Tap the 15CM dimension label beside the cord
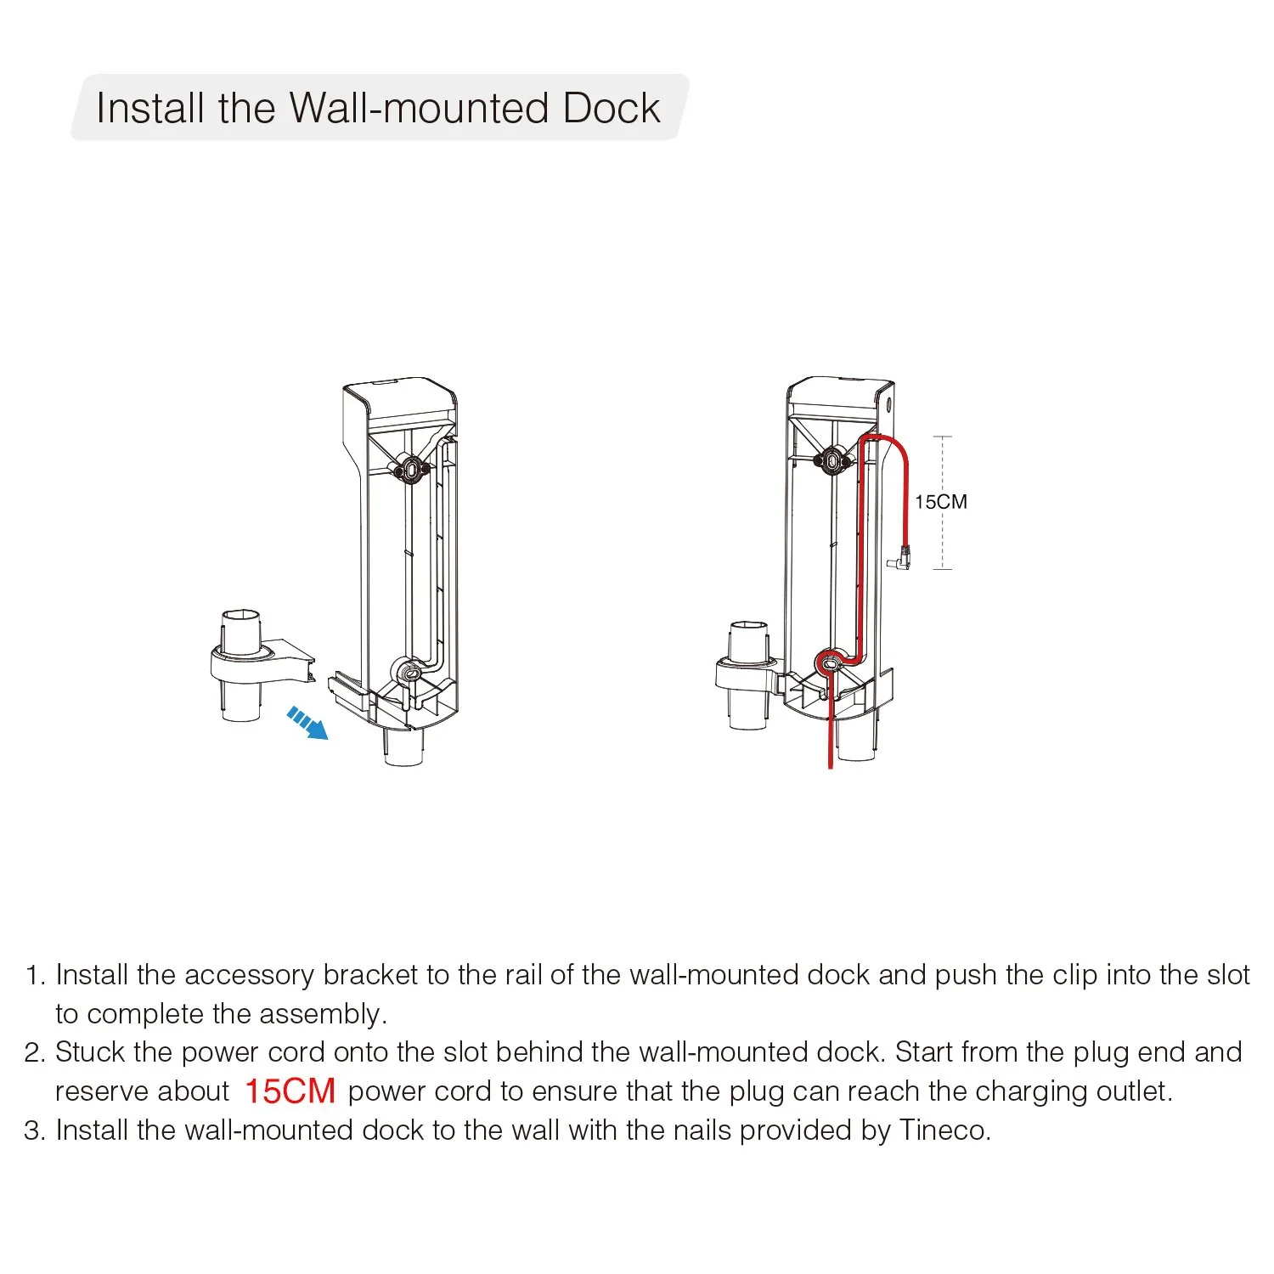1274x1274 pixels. tap(940, 502)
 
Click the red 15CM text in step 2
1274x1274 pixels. tap(290, 1091)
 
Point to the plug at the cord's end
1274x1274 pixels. tap(899, 558)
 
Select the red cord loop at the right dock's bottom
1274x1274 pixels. tap(828, 661)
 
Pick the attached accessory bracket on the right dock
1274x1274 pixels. tap(748, 675)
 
